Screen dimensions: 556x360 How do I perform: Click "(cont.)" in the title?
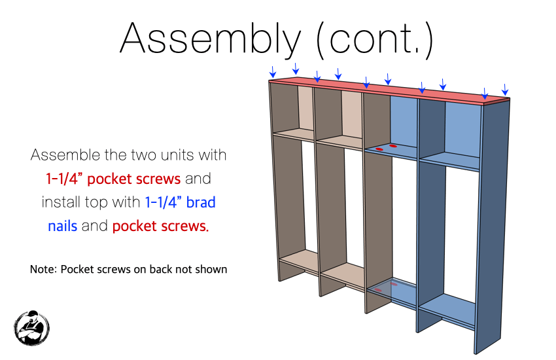click(x=375, y=40)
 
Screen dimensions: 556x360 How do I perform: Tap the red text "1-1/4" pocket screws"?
click(x=113, y=179)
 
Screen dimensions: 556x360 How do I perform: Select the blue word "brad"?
click(x=201, y=202)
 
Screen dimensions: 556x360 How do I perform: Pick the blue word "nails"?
click(x=62, y=226)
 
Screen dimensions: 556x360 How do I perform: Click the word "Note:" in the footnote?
click(x=43, y=269)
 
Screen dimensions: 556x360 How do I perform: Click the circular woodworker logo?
click(x=31, y=328)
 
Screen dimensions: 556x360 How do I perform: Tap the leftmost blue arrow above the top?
click(x=272, y=72)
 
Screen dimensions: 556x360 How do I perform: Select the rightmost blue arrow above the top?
click(x=505, y=90)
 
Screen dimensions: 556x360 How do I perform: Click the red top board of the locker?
click(x=389, y=91)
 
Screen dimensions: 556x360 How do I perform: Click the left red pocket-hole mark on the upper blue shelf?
click(x=379, y=149)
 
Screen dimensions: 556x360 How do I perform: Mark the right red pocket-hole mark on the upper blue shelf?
click(x=393, y=146)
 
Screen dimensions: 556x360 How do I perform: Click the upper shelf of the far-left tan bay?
click(x=294, y=134)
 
